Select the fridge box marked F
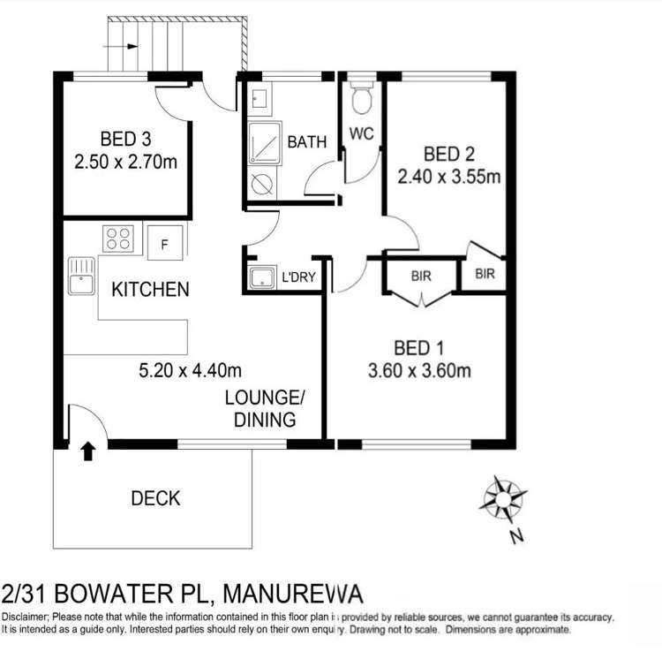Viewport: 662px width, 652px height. [x=165, y=242]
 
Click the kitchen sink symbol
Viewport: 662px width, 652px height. [x=79, y=274]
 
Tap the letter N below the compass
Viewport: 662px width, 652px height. [x=516, y=534]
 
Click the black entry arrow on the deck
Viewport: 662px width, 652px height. [x=87, y=453]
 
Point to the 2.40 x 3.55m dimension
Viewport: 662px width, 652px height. [x=449, y=176]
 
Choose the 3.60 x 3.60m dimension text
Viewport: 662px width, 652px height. [x=418, y=370]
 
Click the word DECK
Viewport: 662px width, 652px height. [x=155, y=498]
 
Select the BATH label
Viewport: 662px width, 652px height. [x=306, y=141]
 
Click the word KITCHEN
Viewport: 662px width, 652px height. [x=149, y=289]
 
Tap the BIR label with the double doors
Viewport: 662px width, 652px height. [x=421, y=276]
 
